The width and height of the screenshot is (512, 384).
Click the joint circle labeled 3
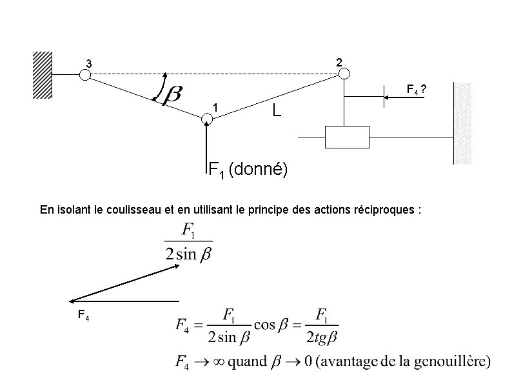click(x=84, y=74)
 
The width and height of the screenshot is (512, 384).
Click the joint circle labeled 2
click(x=344, y=74)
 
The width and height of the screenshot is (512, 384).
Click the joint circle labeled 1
click(x=207, y=119)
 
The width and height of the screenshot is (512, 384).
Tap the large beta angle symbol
click(x=171, y=95)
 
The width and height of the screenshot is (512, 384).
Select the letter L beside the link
click(x=276, y=111)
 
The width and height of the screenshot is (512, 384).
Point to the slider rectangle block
click(x=347, y=137)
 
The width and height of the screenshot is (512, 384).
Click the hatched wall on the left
click(x=43, y=74)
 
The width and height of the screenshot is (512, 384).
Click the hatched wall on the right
click(x=464, y=123)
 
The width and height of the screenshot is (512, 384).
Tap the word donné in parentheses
click(x=258, y=170)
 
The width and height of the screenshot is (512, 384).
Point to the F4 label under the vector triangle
click(x=83, y=315)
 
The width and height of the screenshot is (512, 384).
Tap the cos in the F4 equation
click(x=264, y=325)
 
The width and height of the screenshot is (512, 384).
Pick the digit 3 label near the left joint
click(x=90, y=64)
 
